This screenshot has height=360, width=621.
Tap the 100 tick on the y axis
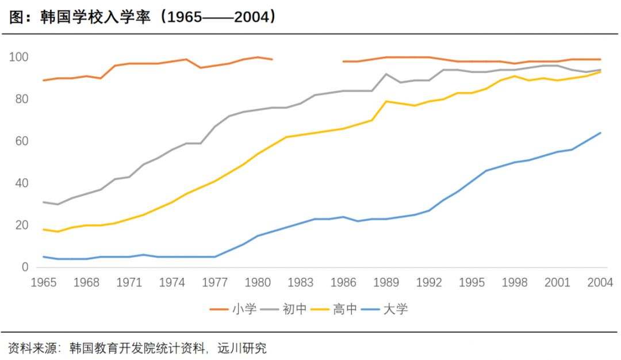click(x=18, y=58)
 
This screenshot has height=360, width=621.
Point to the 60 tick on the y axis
click(x=21, y=141)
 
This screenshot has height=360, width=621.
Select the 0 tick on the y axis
click(x=25, y=267)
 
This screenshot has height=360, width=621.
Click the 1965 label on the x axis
click(x=44, y=282)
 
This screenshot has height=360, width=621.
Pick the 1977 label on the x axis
click(x=215, y=282)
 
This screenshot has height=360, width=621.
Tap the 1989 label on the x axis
click(x=386, y=282)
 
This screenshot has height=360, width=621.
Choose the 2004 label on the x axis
click(x=600, y=282)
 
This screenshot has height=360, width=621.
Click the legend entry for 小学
click(x=233, y=309)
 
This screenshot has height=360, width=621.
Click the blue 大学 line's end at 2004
click(x=600, y=133)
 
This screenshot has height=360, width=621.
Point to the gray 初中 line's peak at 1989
click(x=386, y=74)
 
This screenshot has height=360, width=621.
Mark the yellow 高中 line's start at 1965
click(x=44, y=229)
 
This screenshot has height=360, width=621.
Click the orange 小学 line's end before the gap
click(x=272, y=59)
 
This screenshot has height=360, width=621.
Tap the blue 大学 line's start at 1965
click(x=44, y=256)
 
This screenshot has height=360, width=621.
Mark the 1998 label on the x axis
click(x=515, y=282)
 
